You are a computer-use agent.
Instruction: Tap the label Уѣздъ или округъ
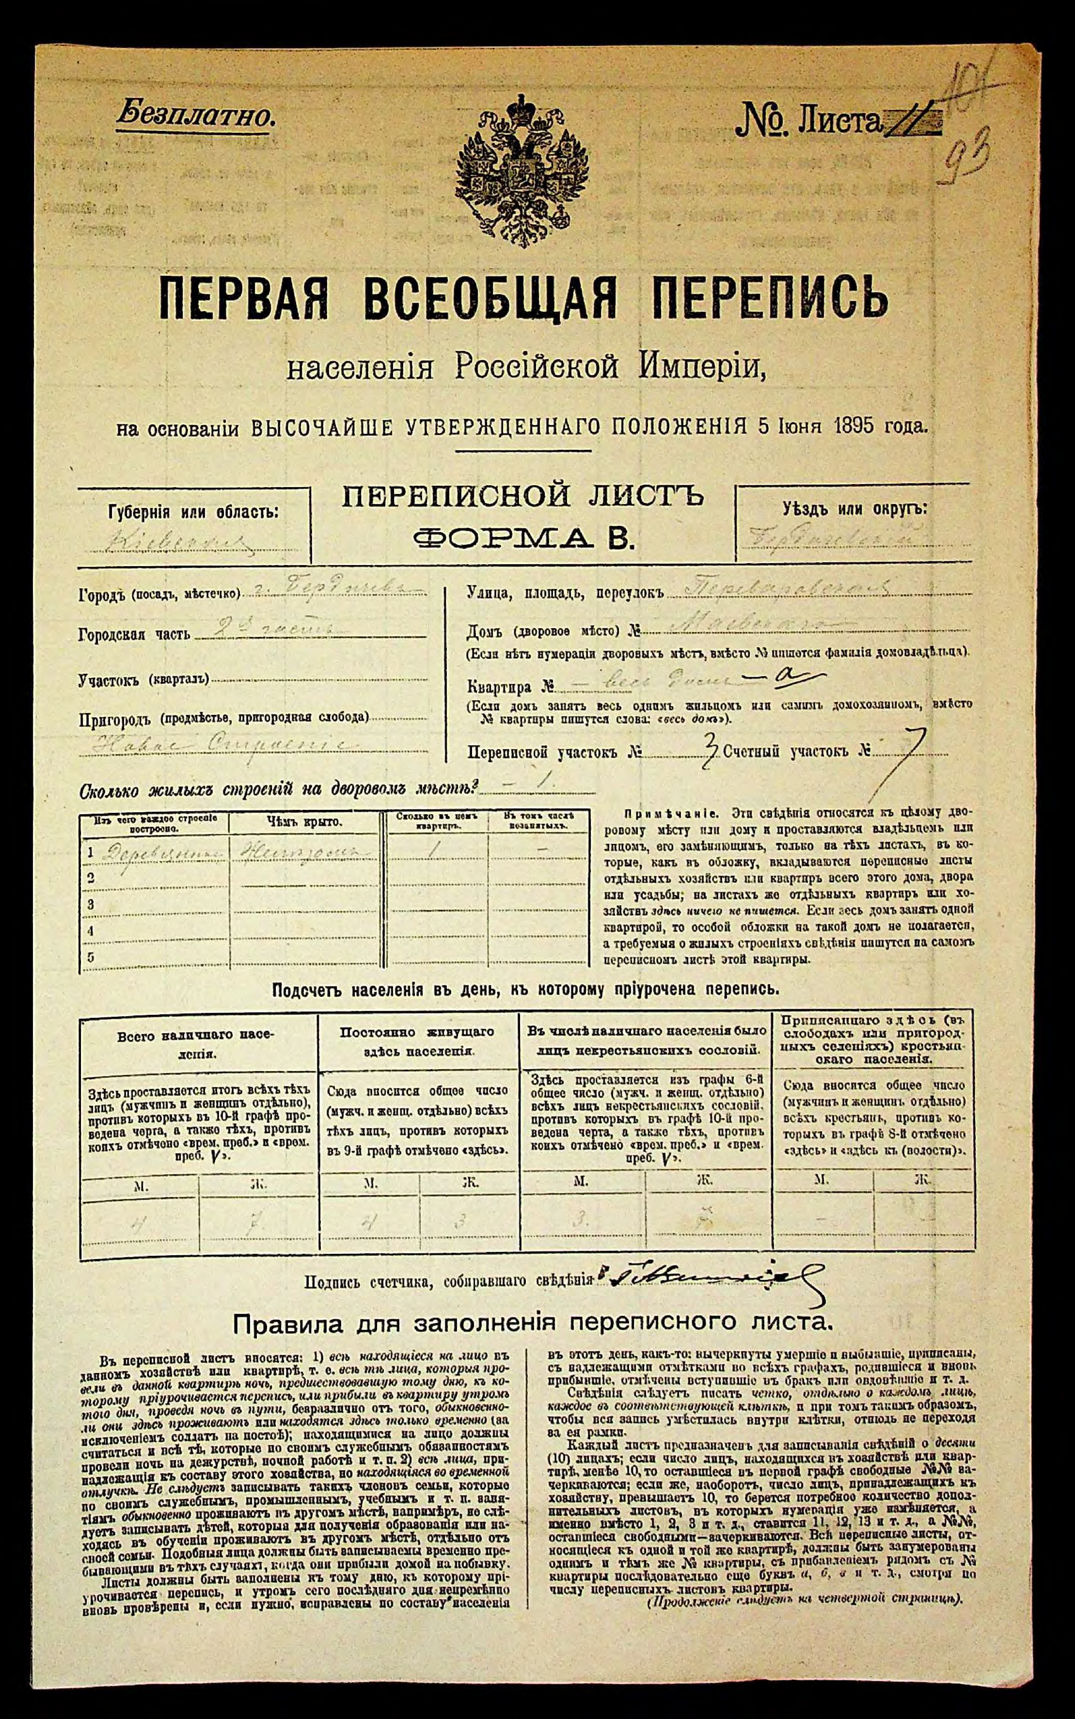854,509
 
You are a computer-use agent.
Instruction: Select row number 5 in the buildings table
90,957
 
